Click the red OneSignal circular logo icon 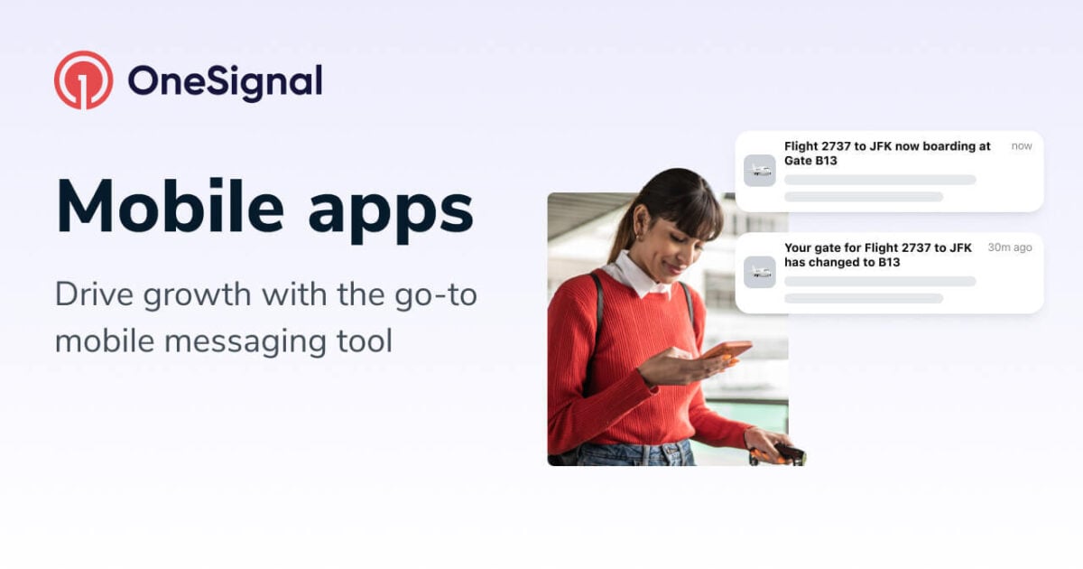[x=83, y=80]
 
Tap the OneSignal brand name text [x=225, y=81]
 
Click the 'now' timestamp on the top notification [x=1022, y=146]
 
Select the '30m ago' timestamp [x=1010, y=247]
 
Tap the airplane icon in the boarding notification [x=760, y=171]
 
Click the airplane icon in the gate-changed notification [x=760, y=272]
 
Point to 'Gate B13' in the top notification [x=810, y=161]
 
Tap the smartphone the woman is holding [x=727, y=350]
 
